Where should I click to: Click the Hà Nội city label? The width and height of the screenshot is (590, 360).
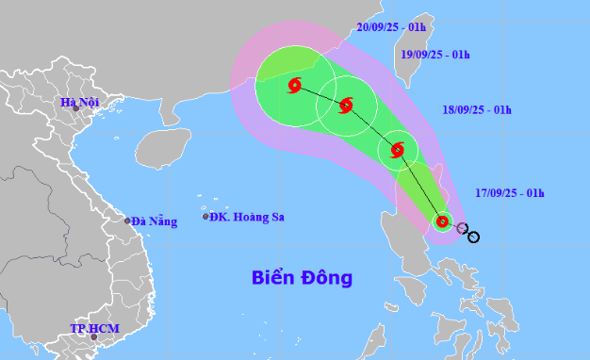[x=79, y=103]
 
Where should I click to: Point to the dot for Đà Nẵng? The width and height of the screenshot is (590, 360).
[x=128, y=221]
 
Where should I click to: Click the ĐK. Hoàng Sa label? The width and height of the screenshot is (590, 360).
[x=246, y=217]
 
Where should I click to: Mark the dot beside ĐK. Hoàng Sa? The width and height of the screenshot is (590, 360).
[x=205, y=217]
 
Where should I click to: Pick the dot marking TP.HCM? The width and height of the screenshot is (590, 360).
[x=94, y=336]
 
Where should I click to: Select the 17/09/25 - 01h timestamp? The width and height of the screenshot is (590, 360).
[x=510, y=193]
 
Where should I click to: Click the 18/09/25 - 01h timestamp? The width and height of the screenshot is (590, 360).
[x=477, y=110]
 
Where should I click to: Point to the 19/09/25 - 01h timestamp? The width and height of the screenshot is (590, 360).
[x=435, y=55]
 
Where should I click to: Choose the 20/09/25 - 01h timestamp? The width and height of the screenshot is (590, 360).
[x=391, y=27]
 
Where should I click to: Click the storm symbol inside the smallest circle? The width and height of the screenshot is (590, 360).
[x=442, y=222]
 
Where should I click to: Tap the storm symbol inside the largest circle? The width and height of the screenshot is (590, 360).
[x=294, y=87]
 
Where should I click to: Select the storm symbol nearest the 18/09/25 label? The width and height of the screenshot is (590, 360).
[x=398, y=149]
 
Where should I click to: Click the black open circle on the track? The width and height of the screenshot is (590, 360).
[x=473, y=237]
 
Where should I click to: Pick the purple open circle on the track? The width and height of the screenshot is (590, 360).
[x=462, y=228]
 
